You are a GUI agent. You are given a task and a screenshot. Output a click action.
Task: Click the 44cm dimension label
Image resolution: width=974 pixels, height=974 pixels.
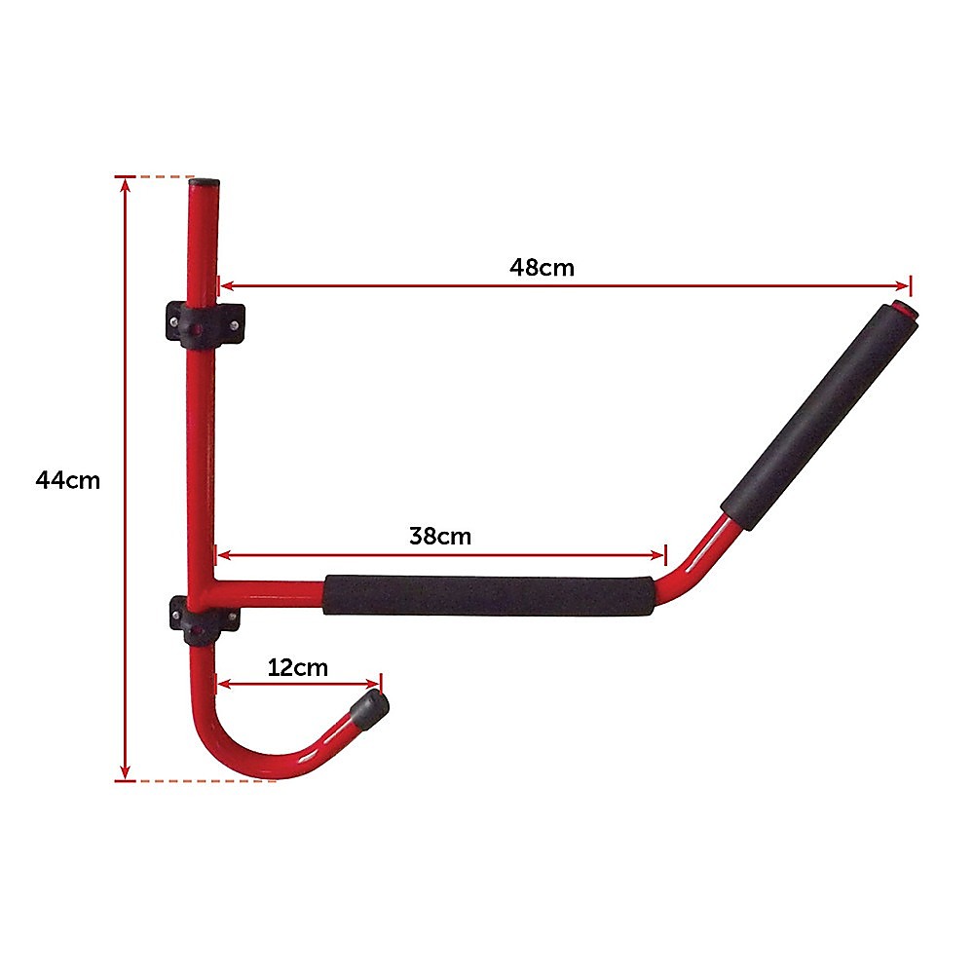click(67, 480)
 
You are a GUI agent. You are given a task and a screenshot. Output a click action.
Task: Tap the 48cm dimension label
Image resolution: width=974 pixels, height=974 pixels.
click(542, 267)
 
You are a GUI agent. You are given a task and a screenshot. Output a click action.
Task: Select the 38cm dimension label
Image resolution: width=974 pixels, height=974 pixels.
click(440, 536)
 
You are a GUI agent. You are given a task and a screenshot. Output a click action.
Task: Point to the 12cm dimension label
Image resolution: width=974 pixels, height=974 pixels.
click(298, 668)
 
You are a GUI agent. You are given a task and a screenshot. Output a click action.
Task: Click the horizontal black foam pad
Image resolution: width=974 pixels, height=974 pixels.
click(488, 595)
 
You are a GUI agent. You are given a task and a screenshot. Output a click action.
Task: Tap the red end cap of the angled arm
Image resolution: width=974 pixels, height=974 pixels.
click(907, 314)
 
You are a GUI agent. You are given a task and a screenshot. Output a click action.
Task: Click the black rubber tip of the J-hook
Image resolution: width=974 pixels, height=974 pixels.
click(373, 708)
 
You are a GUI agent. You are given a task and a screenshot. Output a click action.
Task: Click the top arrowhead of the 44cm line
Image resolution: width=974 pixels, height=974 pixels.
click(125, 184)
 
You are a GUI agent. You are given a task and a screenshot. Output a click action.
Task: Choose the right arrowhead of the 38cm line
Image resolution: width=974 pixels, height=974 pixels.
click(659, 555)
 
